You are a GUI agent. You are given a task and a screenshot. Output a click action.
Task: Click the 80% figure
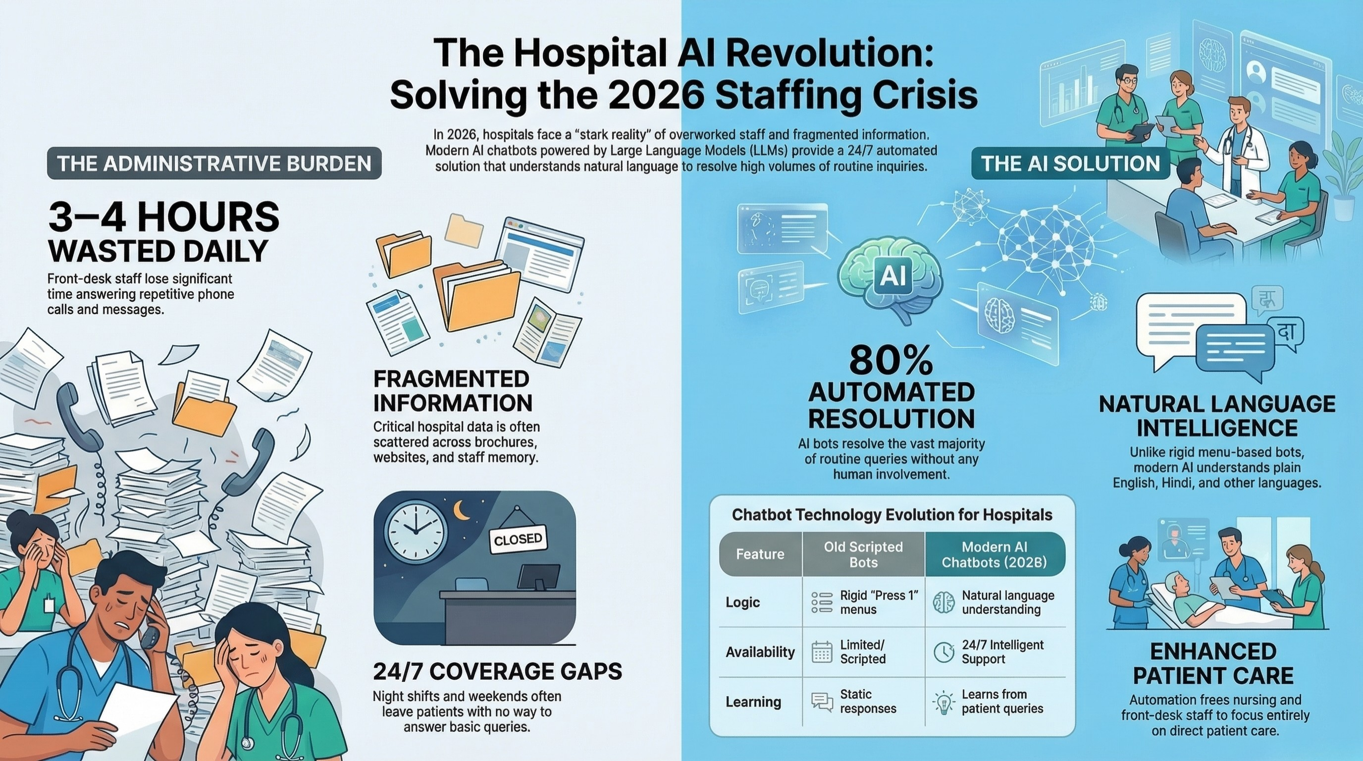(891, 361)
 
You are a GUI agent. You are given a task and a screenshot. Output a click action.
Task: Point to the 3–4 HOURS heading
(163, 217)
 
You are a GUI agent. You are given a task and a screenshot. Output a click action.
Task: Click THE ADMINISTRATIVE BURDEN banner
(214, 163)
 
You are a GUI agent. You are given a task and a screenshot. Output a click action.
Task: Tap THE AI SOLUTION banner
(1070, 163)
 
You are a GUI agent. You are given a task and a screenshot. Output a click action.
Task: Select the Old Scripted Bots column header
(864, 554)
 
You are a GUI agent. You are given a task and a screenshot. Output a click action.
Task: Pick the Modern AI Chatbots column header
(995, 554)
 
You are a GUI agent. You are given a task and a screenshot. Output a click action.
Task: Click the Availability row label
(760, 652)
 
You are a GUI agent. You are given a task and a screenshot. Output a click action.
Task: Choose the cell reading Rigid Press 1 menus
(864, 602)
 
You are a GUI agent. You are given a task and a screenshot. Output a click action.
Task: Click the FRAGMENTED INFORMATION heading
(453, 391)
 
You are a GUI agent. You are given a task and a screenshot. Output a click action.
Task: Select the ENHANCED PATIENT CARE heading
(1213, 663)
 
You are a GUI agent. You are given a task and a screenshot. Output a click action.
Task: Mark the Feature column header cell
(760, 554)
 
